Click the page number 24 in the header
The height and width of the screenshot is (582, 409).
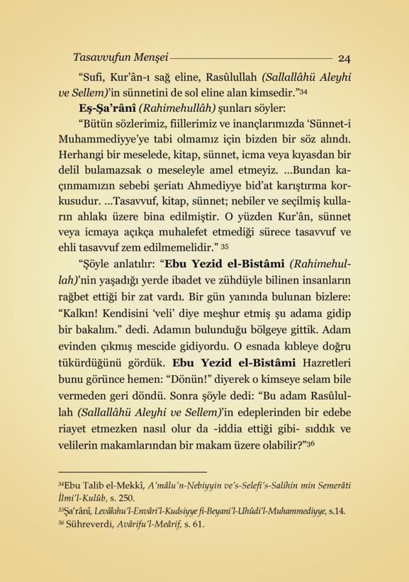[344, 58]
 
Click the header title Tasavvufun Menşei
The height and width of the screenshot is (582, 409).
[120, 57]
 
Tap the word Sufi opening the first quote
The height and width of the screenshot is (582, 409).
[93, 75]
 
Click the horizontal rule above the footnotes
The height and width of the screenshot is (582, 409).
[133, 472]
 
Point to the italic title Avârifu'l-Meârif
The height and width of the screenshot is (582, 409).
[151, 524]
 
